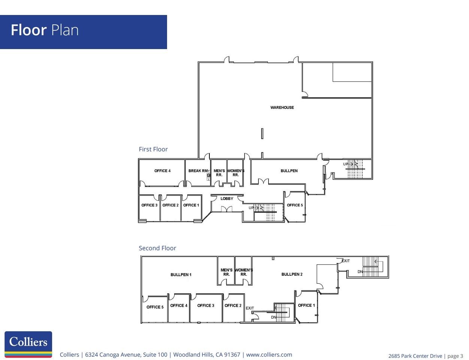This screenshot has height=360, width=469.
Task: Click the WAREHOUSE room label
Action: pos(282,108)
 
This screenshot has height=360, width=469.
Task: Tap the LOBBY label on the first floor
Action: pos(227,199)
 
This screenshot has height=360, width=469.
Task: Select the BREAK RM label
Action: pos(198,171)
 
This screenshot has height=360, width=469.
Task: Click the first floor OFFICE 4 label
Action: pos(162,171)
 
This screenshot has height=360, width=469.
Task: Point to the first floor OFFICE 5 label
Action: pos(295,205)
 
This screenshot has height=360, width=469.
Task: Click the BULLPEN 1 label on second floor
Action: pos(181,275)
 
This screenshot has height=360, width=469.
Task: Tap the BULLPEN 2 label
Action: pos(292,274)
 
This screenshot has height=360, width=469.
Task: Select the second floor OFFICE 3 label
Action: pos(206,306)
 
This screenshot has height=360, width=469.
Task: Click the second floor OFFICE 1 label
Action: pos(306,305)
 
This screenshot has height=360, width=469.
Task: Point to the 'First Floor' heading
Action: pos(153,149)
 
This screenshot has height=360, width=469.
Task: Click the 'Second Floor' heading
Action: pos(157,248)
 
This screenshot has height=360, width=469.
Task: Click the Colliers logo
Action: pos(28,344)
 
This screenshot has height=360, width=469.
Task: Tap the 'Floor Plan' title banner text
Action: pos(45,30)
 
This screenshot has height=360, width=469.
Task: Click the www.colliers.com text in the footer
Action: pos(269,355)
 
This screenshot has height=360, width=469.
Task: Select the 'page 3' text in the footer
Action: pos(455,356)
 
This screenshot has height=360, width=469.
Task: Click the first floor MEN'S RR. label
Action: pos(219,173)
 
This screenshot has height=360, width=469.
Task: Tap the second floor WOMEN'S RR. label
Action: pos(244,272)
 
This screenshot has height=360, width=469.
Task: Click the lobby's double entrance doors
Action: pos(227,209)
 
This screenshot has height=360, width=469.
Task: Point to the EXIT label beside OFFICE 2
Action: pos(250,308)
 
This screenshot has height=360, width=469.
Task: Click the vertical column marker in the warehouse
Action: pos(262,133)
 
